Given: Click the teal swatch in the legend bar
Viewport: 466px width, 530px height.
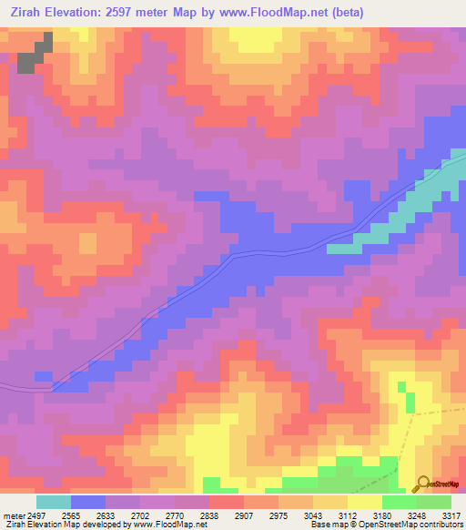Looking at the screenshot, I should tap(54, 502).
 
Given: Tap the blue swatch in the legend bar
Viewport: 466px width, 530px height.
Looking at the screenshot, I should tap(88, 502).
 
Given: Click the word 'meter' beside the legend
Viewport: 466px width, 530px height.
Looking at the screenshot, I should tap(14, 515).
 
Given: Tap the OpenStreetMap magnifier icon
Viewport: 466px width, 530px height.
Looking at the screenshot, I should tap(424, 483).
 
